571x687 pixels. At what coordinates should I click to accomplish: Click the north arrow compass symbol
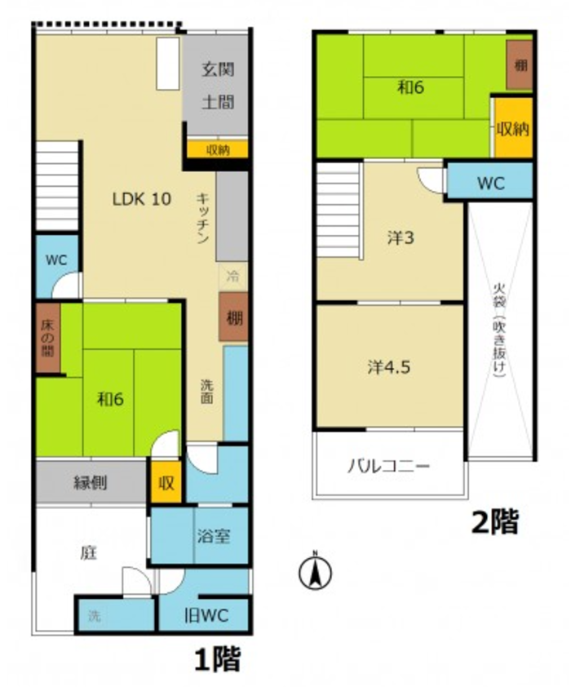click(315, 571)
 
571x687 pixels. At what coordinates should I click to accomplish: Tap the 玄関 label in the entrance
click(218, 69)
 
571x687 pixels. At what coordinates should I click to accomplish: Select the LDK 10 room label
click(142, 199)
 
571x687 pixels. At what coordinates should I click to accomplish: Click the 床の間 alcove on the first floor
click(48, 338)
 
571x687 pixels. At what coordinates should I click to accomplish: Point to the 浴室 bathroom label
click(213, 536)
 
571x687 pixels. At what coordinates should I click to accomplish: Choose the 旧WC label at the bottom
click(206, 615)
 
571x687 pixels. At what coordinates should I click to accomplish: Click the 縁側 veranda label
click(91, 483)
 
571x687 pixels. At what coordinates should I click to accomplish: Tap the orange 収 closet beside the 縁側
click(166, 482)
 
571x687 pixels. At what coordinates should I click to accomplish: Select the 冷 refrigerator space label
click(233, 276)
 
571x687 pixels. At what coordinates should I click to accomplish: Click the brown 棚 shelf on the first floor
click(234, 317)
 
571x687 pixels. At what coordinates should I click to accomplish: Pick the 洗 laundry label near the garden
click(94, 616)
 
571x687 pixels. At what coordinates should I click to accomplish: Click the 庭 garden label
click(88, 553)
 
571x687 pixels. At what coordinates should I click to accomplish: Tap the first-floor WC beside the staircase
click(57, 259)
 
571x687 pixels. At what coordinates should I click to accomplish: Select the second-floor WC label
click(491, 183)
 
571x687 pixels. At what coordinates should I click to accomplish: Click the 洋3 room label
click(401, 238)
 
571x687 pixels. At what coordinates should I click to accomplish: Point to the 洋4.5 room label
click(389, 366)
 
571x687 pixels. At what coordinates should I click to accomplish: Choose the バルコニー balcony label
click(388, 466)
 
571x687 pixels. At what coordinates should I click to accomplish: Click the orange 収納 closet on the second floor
click(513, 127)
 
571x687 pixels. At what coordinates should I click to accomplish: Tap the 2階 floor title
click(495, 521)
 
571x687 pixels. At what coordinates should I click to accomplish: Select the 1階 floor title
click(217, 658)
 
